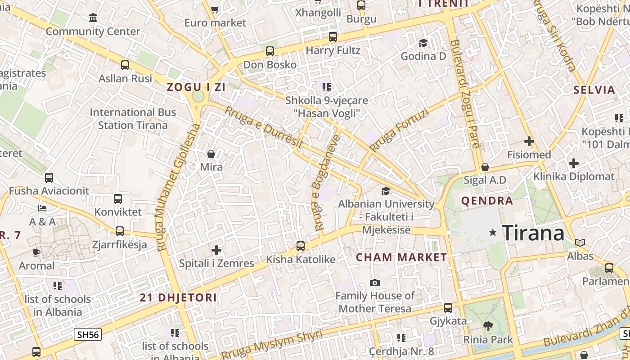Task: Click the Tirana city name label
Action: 533,233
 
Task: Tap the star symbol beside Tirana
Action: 493,233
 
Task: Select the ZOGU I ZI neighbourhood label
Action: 196,87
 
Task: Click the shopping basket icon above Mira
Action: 211,154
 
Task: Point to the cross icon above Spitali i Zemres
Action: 216,250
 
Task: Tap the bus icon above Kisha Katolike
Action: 301,246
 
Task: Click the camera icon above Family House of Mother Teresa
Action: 375,283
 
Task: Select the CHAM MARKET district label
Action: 401,257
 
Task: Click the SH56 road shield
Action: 88,334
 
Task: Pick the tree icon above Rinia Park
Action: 488,326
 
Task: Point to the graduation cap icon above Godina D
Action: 423,43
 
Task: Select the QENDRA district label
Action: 487,201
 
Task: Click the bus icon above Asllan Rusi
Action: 125,65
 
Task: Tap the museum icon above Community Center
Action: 93,18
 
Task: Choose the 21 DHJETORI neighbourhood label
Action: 178,297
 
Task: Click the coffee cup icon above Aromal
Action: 36,252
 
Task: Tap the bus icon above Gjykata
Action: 448,308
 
